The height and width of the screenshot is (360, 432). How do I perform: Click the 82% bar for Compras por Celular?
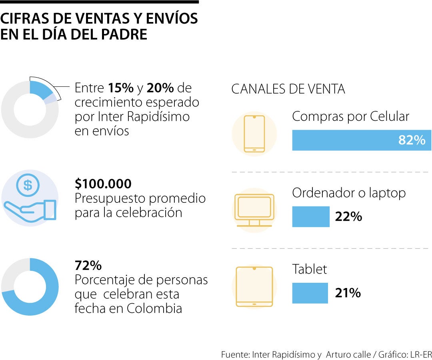click(x=362, y=140)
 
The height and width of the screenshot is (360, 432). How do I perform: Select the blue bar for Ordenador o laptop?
click(x=311, y=217)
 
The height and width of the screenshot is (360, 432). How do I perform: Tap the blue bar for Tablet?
click(x=310, y=293)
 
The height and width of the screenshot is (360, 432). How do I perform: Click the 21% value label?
click(x=348, y=293)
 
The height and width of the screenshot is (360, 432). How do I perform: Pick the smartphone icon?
click(x=254, y=134)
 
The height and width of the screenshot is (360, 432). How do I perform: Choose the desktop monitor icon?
click(x=254, y=210)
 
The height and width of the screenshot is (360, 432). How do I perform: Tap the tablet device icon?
click(x=254, y=287)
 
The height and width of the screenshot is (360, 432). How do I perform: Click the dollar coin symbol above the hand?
click(x=28, y=185)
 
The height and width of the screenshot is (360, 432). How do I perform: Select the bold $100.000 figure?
click(x=103, y=184)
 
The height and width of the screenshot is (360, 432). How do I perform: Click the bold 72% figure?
click(x=88, y=266)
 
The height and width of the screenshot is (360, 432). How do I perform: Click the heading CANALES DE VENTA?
click(x=288, y=89)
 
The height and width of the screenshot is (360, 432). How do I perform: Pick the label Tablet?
click(x=309, y=269)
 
